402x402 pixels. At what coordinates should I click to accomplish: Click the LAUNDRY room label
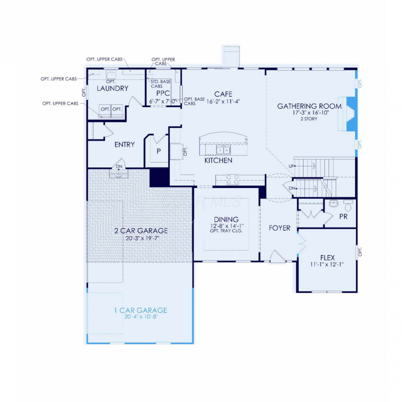[113, 88]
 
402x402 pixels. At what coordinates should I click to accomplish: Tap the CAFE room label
[223, 94]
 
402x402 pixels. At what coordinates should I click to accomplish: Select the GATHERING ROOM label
[309, 106]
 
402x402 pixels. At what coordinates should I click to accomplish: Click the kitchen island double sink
[223, 150]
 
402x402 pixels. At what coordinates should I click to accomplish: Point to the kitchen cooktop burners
[233, 180]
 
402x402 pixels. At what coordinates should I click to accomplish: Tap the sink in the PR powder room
[334, 203]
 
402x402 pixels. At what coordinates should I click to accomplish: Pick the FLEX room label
[327, 258]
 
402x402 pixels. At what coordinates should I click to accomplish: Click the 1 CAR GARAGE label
[141, 310]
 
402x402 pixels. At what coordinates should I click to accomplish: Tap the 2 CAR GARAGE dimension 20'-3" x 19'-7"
[143, 238]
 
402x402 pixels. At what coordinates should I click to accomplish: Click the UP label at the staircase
[292, 166]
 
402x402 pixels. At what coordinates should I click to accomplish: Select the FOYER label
[280, 228]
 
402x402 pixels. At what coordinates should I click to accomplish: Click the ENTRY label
[125, 145]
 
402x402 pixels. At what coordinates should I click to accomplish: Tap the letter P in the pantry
[159, 151]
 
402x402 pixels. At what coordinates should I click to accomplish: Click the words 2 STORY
[309, 119]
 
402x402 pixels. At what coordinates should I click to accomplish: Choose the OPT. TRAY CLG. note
[226, 231]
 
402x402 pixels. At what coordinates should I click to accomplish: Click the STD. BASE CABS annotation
[160, 84]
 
